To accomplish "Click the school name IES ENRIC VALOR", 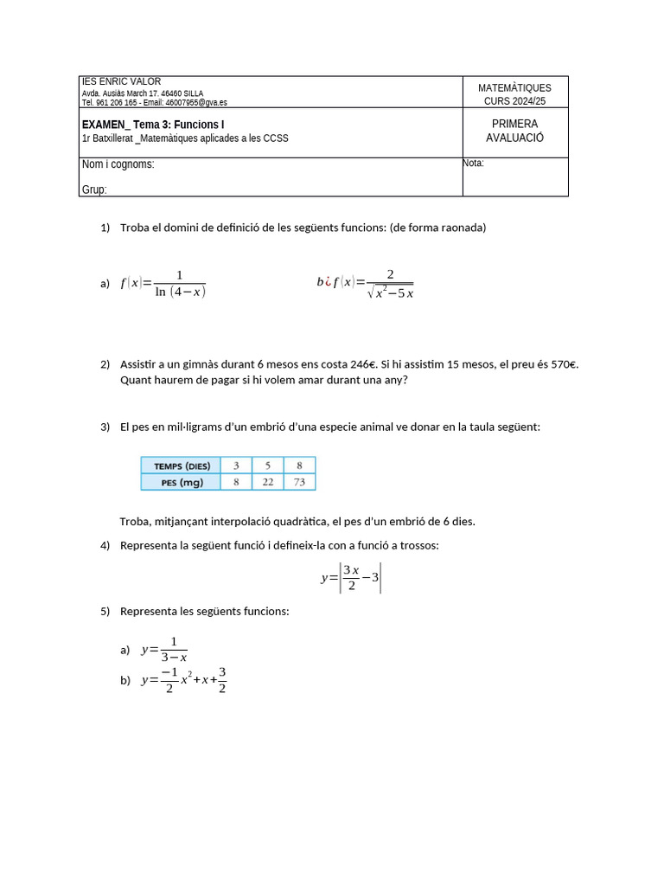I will pyautogui.click(x=121, y=81).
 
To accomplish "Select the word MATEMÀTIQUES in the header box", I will pyautogui.click(x=514, y=87).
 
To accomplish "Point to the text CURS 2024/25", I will pyautogui.click(x=514, y=101).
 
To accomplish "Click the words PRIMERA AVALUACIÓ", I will pyautogui.click(x=514, y=131).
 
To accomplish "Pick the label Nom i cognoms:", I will pyautogui.click(x=118, y=164).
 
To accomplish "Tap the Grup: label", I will pyautogui.click(x=94, y=189).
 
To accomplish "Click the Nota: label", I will pyautogui.click(x=474, y=163).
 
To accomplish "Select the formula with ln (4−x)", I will pyautogui.click(x=163, y=283).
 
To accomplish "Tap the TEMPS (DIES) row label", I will pyautogui.click(x=182, y=465).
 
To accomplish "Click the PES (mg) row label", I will pyautogui.click(x=182, y=483).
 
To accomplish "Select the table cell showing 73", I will pyautogui.click(x=299, y=482).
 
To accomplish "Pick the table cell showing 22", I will pyautogui.click(x=268, y=482).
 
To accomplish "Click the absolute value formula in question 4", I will pyautogui.click(x=351, y=578).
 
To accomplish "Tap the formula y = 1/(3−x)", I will pyautogui.click(x=164, y=649).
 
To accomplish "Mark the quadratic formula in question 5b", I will pyautogui.click(x=184, y=680).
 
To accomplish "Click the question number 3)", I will pyautogui.click(x=105, y=427).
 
